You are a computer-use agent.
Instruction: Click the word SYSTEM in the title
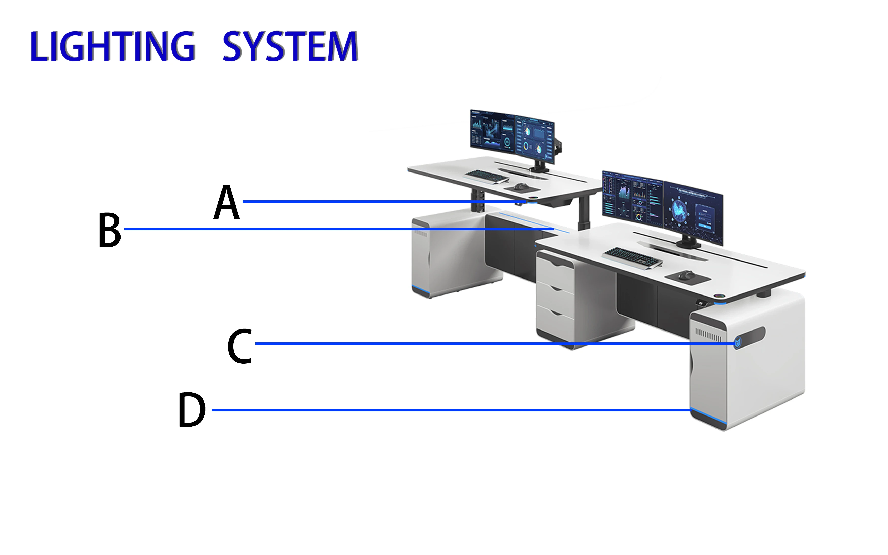[290, 47]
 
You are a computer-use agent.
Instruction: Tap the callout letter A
[227, 202]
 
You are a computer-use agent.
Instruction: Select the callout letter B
[109, 230]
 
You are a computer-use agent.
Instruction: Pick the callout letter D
[191, 410]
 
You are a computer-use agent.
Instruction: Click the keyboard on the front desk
[632, 257]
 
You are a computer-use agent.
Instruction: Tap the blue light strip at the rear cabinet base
[421, 290]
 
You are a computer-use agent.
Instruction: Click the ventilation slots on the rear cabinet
[421, 233]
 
